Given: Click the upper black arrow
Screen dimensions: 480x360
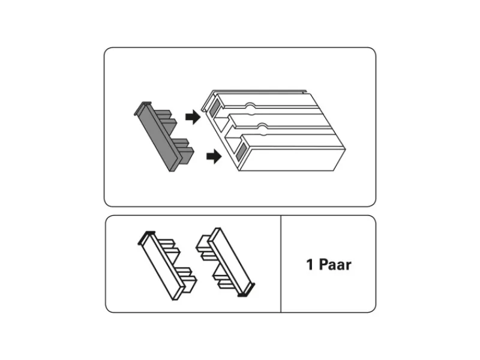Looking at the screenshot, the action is (193, 117).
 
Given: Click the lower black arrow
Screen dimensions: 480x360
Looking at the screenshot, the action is (214, 157).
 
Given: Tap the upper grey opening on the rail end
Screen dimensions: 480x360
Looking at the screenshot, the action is (215, 107).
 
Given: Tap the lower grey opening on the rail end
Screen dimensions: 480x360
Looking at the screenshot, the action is (241, 152).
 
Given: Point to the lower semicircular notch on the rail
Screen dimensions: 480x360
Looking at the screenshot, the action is (262, 126).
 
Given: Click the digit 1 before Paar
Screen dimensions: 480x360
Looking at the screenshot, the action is (310, 265).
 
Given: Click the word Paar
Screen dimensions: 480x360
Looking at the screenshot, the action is (335, 265).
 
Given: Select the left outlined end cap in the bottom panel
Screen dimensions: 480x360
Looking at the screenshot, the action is (167, 266).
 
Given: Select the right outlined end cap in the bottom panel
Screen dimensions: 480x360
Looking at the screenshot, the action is (226, 262).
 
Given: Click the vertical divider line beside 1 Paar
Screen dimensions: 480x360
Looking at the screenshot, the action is (281, 264).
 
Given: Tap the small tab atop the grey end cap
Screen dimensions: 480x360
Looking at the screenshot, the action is (146, 103).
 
